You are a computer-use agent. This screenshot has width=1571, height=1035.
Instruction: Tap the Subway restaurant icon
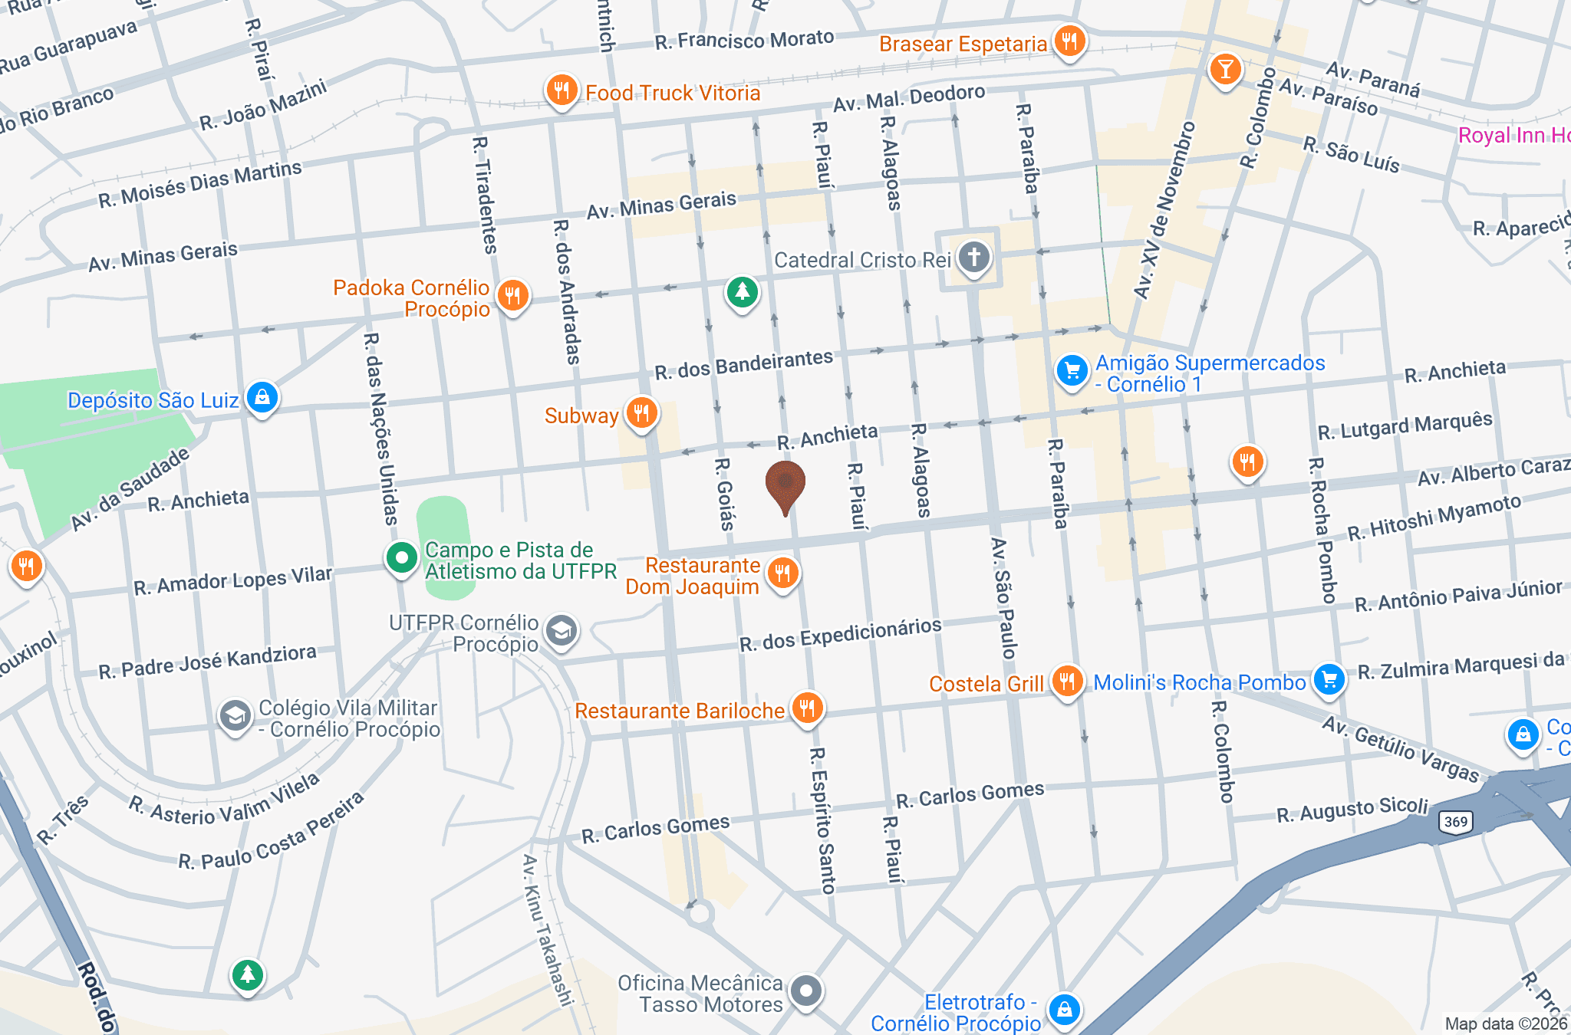click(x=641, y=412)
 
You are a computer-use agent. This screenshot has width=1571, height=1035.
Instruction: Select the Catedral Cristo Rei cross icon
click(x=973, y=257)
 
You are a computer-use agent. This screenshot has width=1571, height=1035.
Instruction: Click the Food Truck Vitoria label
click(x=672, y=94)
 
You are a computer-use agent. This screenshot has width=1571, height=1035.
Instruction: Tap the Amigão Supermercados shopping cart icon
click(x=1072, y=371)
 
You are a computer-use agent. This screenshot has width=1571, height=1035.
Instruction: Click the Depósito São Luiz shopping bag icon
click(x=262, y=397)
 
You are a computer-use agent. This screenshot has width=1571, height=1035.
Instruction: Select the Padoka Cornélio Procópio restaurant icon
click(x=512, y=294)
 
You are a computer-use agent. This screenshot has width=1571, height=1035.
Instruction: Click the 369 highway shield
click(x=1455, y=822)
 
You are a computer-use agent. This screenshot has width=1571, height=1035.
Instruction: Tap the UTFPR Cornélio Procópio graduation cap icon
click(x=562, y=631)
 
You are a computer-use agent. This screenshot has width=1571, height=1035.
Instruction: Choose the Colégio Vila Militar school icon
click(x=235, y=716)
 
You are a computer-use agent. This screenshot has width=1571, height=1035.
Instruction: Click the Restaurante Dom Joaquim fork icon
click(x=782, y=572)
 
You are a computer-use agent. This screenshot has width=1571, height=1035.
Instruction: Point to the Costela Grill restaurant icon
click(x=1066, y=679)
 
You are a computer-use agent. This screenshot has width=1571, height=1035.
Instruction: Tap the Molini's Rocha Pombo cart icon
click(x=1329, y=679)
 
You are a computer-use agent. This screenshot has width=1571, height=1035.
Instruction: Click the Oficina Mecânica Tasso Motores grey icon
click(x=805, y=991)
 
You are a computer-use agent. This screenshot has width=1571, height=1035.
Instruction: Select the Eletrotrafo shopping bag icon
click(x=1065, y=1010)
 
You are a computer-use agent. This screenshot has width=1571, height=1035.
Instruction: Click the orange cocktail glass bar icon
click(x=1225, y=69)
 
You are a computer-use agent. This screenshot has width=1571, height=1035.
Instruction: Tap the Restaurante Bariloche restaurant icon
click(x=806, y=707)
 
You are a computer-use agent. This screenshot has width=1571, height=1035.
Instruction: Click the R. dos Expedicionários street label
click(x=840, y=634)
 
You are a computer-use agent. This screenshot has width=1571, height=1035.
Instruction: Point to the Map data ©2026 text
click(x=1505, y=1024)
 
